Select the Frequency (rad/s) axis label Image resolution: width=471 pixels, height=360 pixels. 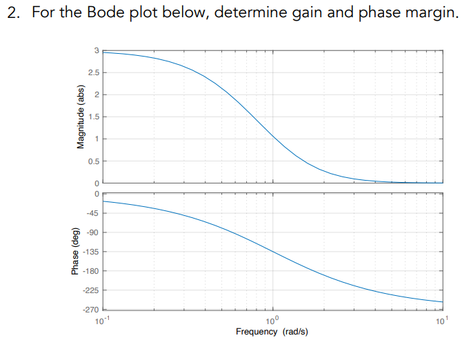(272, 332)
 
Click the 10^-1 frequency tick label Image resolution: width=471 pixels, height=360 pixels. (103, 320)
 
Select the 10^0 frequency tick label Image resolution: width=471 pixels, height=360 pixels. (273, 320)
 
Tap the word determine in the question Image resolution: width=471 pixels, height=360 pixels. (248, 14)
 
